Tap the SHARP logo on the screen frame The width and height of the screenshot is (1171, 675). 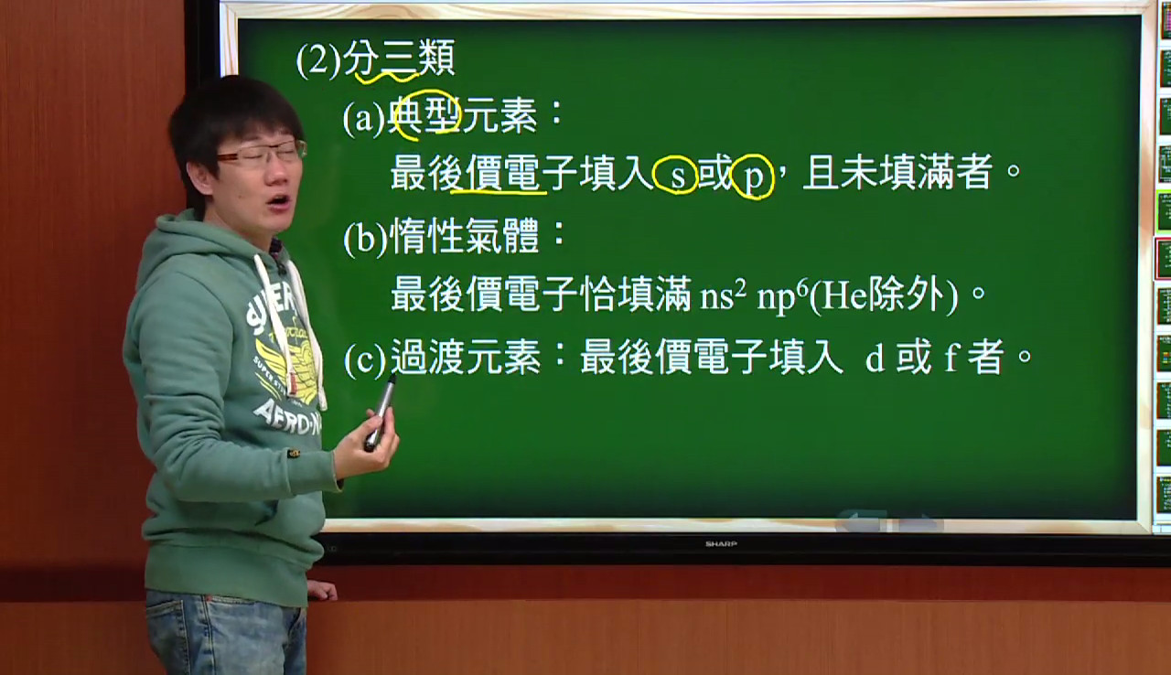pyautogui.click(x=722, y=544)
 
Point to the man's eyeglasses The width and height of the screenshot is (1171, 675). pyautogui.click(x=262, y=154)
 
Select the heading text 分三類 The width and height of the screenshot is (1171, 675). pyautogui.click(x=400, y=59)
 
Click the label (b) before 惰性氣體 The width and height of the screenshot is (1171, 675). pyautogui.click(x=365, y=239)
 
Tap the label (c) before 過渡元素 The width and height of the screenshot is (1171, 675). pyautogui.click(x=365, y=358)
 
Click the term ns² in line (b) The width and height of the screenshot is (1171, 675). pyautogui.click(x=723, y=298)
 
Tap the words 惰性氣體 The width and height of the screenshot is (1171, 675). pyautogui.click(x=465, y=236)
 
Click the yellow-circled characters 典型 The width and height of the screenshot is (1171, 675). pyautogui.click(x=424, y=116)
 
